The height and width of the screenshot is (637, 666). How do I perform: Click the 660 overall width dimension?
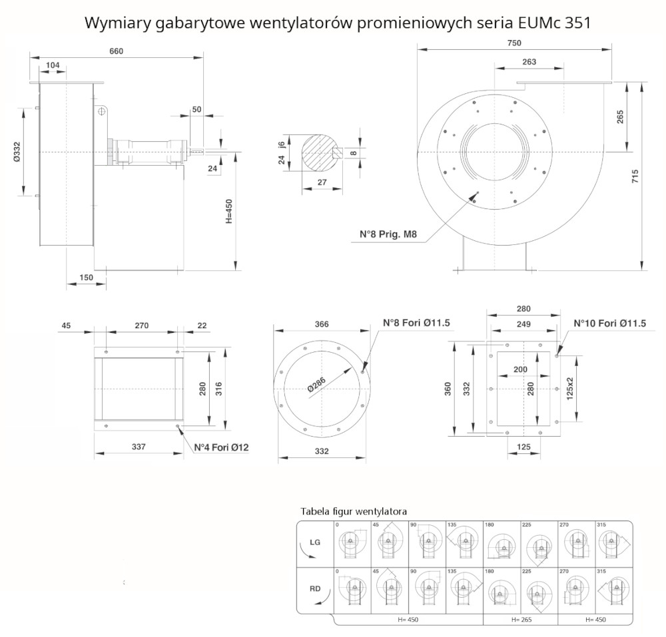pos(117,51)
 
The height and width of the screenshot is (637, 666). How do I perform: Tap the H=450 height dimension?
pos(228,212)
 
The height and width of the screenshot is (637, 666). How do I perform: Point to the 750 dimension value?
pos(513,43)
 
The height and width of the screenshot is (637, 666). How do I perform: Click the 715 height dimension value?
pos(635,177)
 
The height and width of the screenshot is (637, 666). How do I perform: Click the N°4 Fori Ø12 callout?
pos(221,447)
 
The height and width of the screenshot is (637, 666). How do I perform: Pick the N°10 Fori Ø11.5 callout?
pos(610,324)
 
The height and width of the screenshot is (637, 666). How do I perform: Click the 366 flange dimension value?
pos(321,324)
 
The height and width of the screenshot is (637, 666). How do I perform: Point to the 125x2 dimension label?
pos(569,387)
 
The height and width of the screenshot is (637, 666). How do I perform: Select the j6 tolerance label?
pos(282,145)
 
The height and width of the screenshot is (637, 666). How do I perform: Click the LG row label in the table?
pos(315,542)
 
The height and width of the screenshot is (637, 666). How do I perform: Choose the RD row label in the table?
pos(315,589)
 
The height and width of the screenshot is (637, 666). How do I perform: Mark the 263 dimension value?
pos(529,62)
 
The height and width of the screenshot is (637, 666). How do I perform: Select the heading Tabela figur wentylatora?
pos(354,511)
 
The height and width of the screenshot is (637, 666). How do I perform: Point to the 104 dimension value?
pos(53,65)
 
